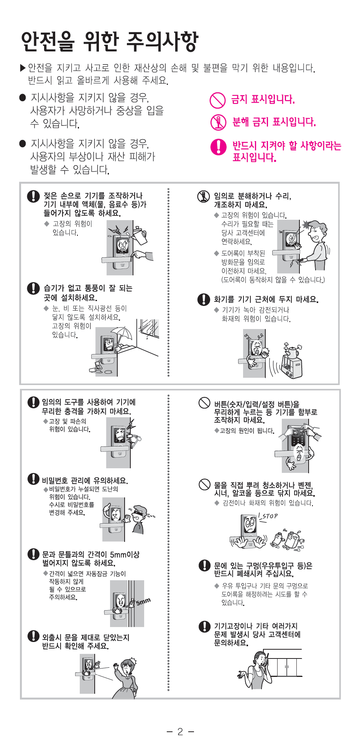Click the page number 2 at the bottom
click(180, 732)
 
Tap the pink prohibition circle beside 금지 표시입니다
click(217, 100)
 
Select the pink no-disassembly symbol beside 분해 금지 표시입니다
click(218, 122)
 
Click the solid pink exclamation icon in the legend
click(219, 147)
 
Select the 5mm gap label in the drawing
click(143, 601)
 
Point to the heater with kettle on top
click(292, 361)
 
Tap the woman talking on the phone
click(255, 669)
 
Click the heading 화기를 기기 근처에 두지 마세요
click(266, 300)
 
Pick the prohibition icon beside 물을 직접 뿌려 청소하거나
click(204, 485)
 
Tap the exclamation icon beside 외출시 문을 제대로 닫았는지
click(33, 636)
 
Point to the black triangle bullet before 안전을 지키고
click(23, 68)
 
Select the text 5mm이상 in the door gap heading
click(125, 555)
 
